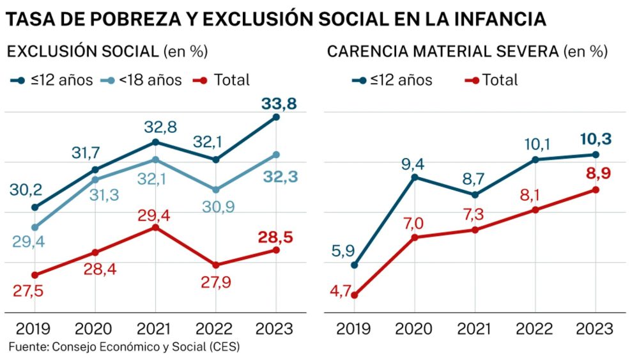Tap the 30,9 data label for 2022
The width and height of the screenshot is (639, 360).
(212, 207)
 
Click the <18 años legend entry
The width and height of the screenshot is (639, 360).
(143, 80)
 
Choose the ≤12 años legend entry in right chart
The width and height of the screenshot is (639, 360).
(394, 80)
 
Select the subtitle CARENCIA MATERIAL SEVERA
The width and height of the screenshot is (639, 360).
(443, 51)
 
